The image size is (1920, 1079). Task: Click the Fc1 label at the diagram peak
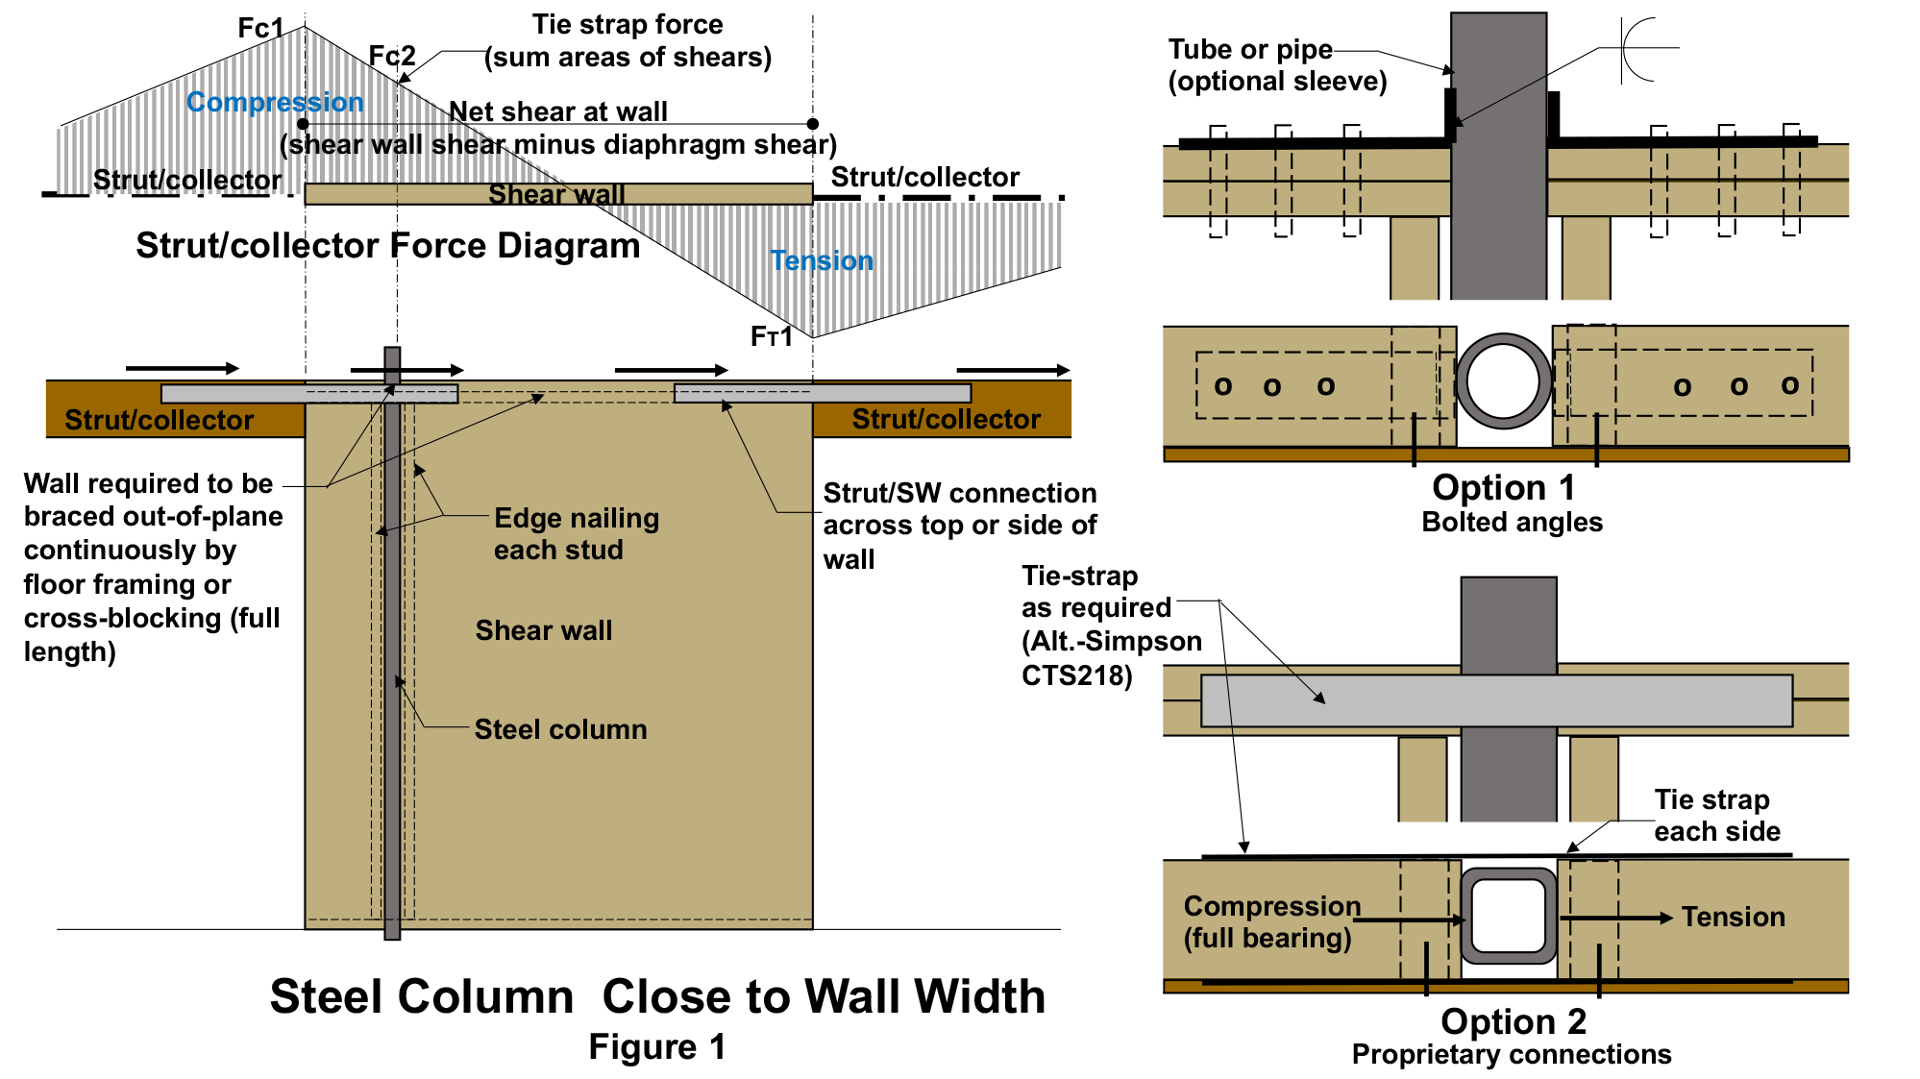(x=260, y=28)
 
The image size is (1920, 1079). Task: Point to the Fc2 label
(x=392, y=56)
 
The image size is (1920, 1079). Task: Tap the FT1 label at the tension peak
(x=771, y=336)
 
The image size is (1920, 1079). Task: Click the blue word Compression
(x=275, y=102)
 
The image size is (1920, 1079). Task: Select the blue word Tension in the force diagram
(x=822, y=260)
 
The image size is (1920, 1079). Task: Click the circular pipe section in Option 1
(x=1503, y=381)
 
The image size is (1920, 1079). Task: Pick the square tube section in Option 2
(x=1508, y=916)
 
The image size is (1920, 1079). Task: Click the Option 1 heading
(x=1503, y=487)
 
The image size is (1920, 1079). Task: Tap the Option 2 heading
(x=1513, y=1020)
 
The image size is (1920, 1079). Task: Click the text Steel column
(x=560, y=729)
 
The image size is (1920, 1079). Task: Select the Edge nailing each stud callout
(x=576, y=533)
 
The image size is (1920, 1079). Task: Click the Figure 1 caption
(x=656, y=1046)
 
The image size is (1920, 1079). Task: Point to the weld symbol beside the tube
(x=1638, y=48)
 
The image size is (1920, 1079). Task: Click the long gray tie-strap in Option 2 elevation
(x=1495, y=700)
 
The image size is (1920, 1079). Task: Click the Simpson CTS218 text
(x=1110, y=658)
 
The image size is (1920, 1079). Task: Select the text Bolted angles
(x=1512, y=522)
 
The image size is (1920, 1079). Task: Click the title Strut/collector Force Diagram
(x=387, y=246)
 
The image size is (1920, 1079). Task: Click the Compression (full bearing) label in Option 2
(x=1270, y=921)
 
